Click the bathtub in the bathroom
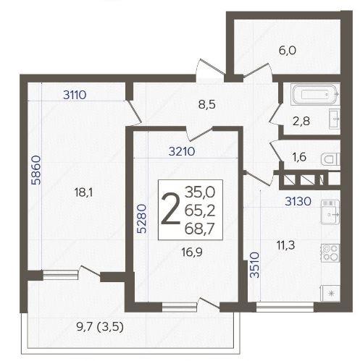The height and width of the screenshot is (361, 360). pyautogui.click(x=315, y=94)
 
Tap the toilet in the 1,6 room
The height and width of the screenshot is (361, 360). pyautogui.click(x=330, y=159)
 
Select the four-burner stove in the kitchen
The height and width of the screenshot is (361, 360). pyautogui.click(x=330, y=252)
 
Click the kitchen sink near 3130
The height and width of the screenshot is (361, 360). pyautogui.click(x=330, y=212)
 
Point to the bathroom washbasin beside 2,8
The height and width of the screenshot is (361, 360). pyautogui.click(x=335, y=119)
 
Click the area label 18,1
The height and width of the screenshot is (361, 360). pyautogui.click(x=83, y=192)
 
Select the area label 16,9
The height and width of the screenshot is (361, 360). pyautogui.click(x=192, y=252)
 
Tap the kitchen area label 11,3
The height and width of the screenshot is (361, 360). pyautogui.click(x=285, y=246)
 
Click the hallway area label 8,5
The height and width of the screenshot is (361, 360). pyautogui.click(x=206, y=105)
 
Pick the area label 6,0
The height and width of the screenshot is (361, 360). pyautogui.click(x=288, y=51)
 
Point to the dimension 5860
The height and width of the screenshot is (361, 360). pyautogui.click(x=36, y=170)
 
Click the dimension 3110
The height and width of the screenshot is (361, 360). pyautogui.click(x=75, y=95)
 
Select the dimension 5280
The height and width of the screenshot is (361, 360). pyautogui.click(x=141, y=218)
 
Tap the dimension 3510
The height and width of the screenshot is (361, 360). pyautogui.click(x=254, y=265)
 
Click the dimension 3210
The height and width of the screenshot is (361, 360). pyautogui.click(x=182, y=151)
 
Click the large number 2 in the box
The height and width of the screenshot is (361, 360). pyautogui.click(x=171, y=209)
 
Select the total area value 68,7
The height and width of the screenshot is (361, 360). pyautogui.click(x=199, y=229)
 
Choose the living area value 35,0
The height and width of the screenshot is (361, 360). pyautogui.click(x=200, y=192)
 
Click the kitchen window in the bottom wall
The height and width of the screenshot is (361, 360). pyautogui.click(x=285, y=307)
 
